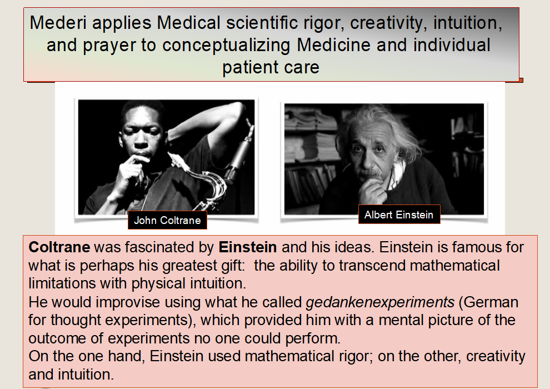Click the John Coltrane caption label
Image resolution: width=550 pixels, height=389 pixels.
pos(167,220)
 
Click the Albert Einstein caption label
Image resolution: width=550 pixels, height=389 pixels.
pos(399,215)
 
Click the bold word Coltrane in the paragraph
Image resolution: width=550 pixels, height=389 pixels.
pos(59,247)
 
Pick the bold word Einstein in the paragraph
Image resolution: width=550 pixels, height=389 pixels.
pos(248,247)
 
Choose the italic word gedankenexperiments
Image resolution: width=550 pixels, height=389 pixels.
pos(380,302)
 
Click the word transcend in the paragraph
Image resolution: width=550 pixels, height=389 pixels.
pos(372,266)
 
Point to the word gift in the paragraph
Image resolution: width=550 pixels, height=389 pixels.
pos(233,266)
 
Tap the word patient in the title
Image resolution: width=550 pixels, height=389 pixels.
pos(248,67)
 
